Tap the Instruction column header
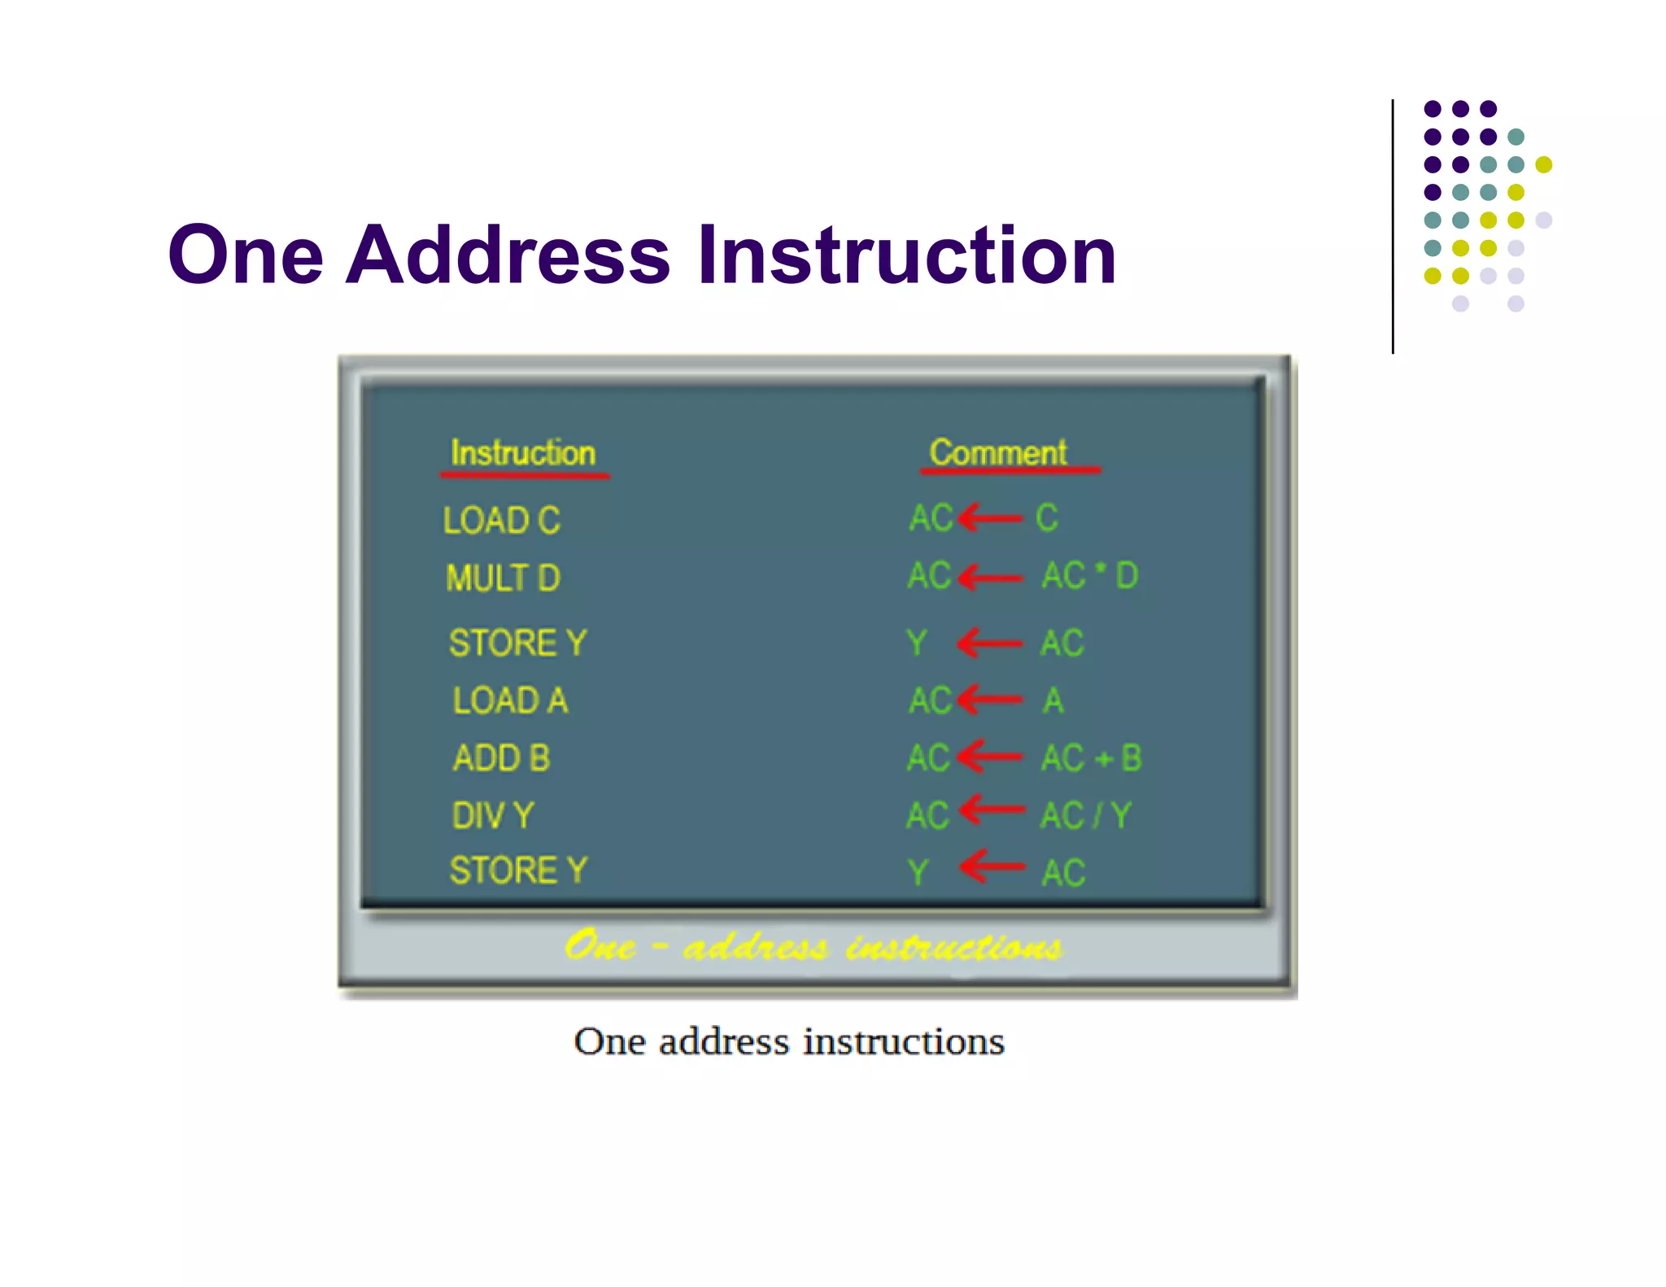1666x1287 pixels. coord(523,452)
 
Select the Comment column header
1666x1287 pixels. coord(998,452)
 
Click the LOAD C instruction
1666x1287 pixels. coord(501,520)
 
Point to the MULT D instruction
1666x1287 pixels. coord(503,578)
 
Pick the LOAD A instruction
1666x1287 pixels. coord(510,700)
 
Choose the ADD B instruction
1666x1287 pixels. coord(501,758)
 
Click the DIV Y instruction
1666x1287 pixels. coord(493,815)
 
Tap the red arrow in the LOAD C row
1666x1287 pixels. coord(990,517)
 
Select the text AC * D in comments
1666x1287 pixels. coord(1090,576)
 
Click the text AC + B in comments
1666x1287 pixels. coord(1092,758)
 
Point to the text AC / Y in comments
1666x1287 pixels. coord(1086,815)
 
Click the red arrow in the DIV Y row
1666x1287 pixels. coord(992,809)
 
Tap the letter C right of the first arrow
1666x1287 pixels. coord(1047,517)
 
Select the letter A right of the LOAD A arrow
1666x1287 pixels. coord(1053,700)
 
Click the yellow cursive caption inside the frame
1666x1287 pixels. coord(813,946)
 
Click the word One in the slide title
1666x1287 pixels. coord(246,255)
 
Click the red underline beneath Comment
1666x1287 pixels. coord(1010,470)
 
